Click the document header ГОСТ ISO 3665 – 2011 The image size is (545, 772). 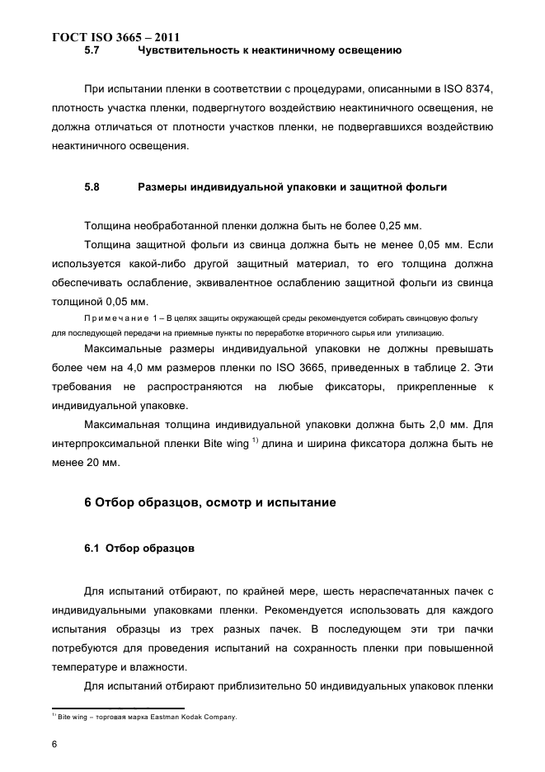[115, 37]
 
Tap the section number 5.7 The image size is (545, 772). [92, 51]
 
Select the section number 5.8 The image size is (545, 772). [92, 187]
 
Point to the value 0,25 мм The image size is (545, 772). [400, 225]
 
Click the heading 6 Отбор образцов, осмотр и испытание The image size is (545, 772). [210, 502]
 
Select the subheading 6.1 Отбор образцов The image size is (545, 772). [139, 548]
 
